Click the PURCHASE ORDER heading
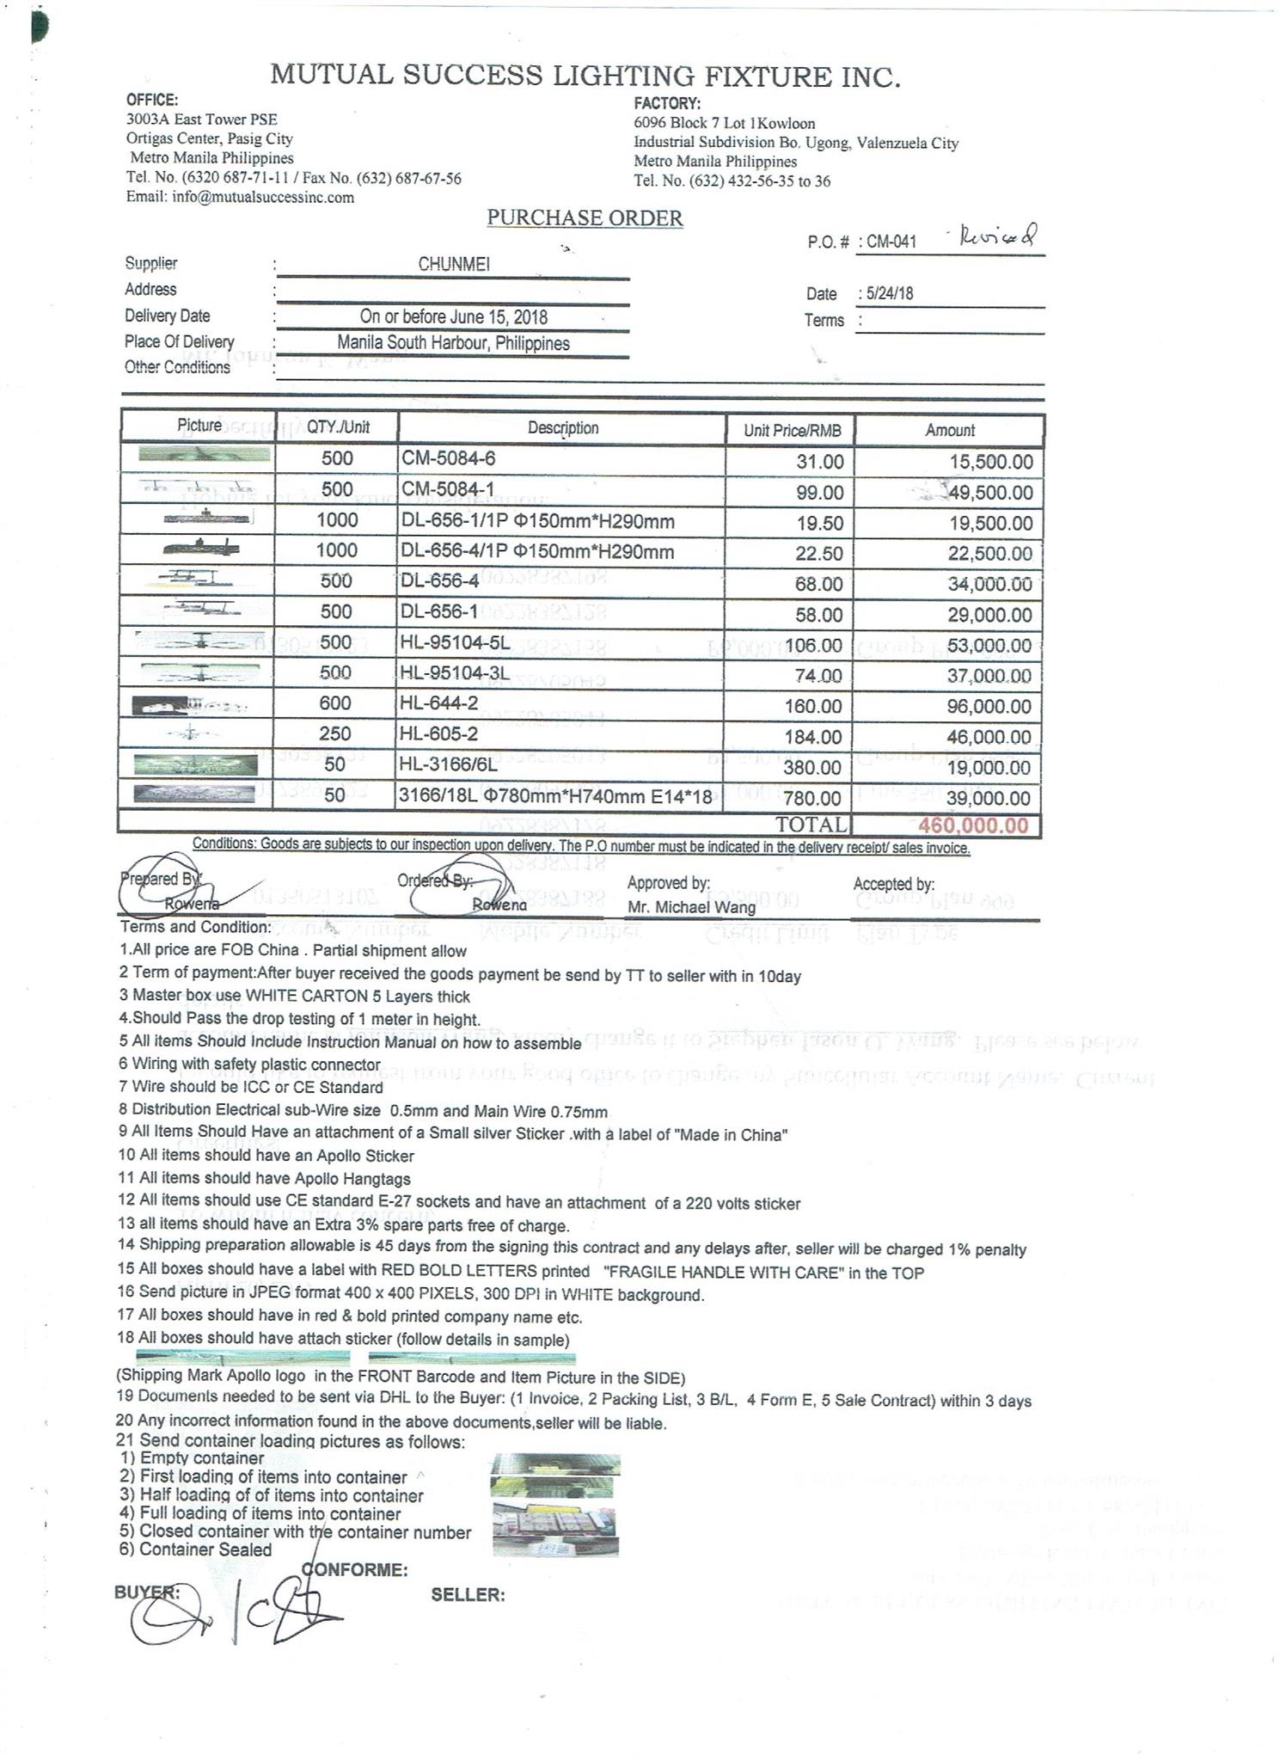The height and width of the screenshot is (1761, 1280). pos(585,218)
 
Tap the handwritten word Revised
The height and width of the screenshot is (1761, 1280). pos(998,234)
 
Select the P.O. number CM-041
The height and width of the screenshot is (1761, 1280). pos(891,242)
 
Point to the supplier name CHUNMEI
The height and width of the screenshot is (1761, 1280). pos(453,264)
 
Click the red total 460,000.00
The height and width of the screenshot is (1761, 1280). pos(973,825)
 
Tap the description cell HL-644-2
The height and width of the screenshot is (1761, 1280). pos(439,703)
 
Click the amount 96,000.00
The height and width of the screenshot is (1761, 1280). pos(989,707)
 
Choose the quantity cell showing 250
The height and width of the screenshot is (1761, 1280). pos(335,733)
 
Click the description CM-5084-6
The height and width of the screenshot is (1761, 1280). pos(448,458)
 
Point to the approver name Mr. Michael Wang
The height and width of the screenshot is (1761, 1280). pos(691,907)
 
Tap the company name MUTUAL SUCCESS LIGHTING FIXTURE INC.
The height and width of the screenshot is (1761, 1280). pos(585,77)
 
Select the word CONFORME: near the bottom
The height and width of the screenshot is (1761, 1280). pos(354,1570)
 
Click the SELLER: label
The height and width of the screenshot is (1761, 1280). pos(468,1595)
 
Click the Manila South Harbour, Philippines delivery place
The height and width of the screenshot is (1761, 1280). pos(453,343)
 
